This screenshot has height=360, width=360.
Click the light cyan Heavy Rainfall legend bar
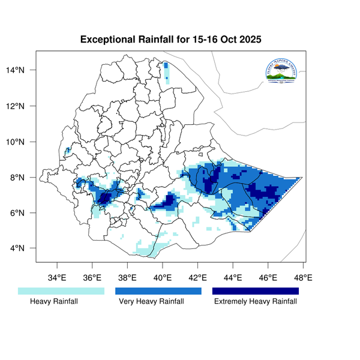[x=61, y=291]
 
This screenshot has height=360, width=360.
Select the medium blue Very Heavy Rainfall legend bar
[x=158, y=291]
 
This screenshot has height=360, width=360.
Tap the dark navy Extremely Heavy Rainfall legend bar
[x=255, y=291]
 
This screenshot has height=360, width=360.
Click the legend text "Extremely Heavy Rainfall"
[x=255, y=302]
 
